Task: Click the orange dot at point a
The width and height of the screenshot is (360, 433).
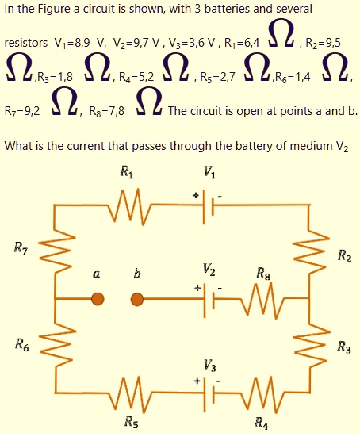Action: (x=97, y=299)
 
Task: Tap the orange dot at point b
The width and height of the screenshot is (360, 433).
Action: (x=137, y=299)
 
